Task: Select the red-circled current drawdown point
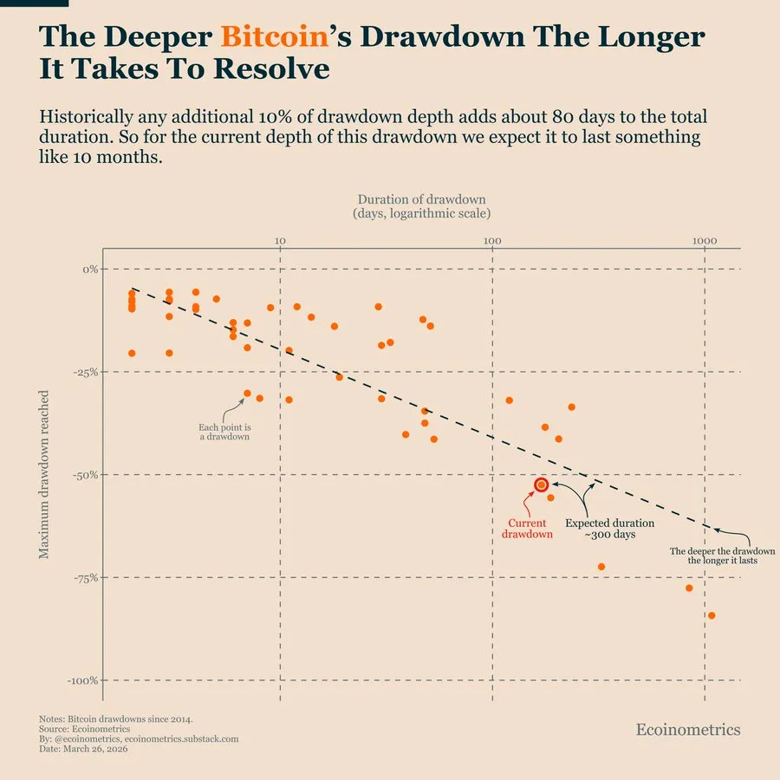click(x=542, y=485)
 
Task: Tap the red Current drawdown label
click(x=527, y=529)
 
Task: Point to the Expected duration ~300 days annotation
click(x=609, y=529)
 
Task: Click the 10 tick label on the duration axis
click(x=279, y=239)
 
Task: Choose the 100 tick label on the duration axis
click(x=491, y=239)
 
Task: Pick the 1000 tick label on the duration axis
click(x=704, y=239)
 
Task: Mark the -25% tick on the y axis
click(x=85, y=372)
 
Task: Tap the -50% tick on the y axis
click(x=85, y=475)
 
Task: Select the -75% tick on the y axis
click(x=85, y=577)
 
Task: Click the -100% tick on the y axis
click(x=82, y=680)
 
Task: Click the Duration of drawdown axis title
click(x=421, y=206)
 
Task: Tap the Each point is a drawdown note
click(x=224, y=432)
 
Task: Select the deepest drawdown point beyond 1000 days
click(x=712, y=615)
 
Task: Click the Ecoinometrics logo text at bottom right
click(x=688, y=730)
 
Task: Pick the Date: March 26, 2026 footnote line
click(x=84, y=749)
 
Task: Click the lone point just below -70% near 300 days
click(x=601, y=567)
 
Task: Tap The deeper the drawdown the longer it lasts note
click(x=723, y=556)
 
